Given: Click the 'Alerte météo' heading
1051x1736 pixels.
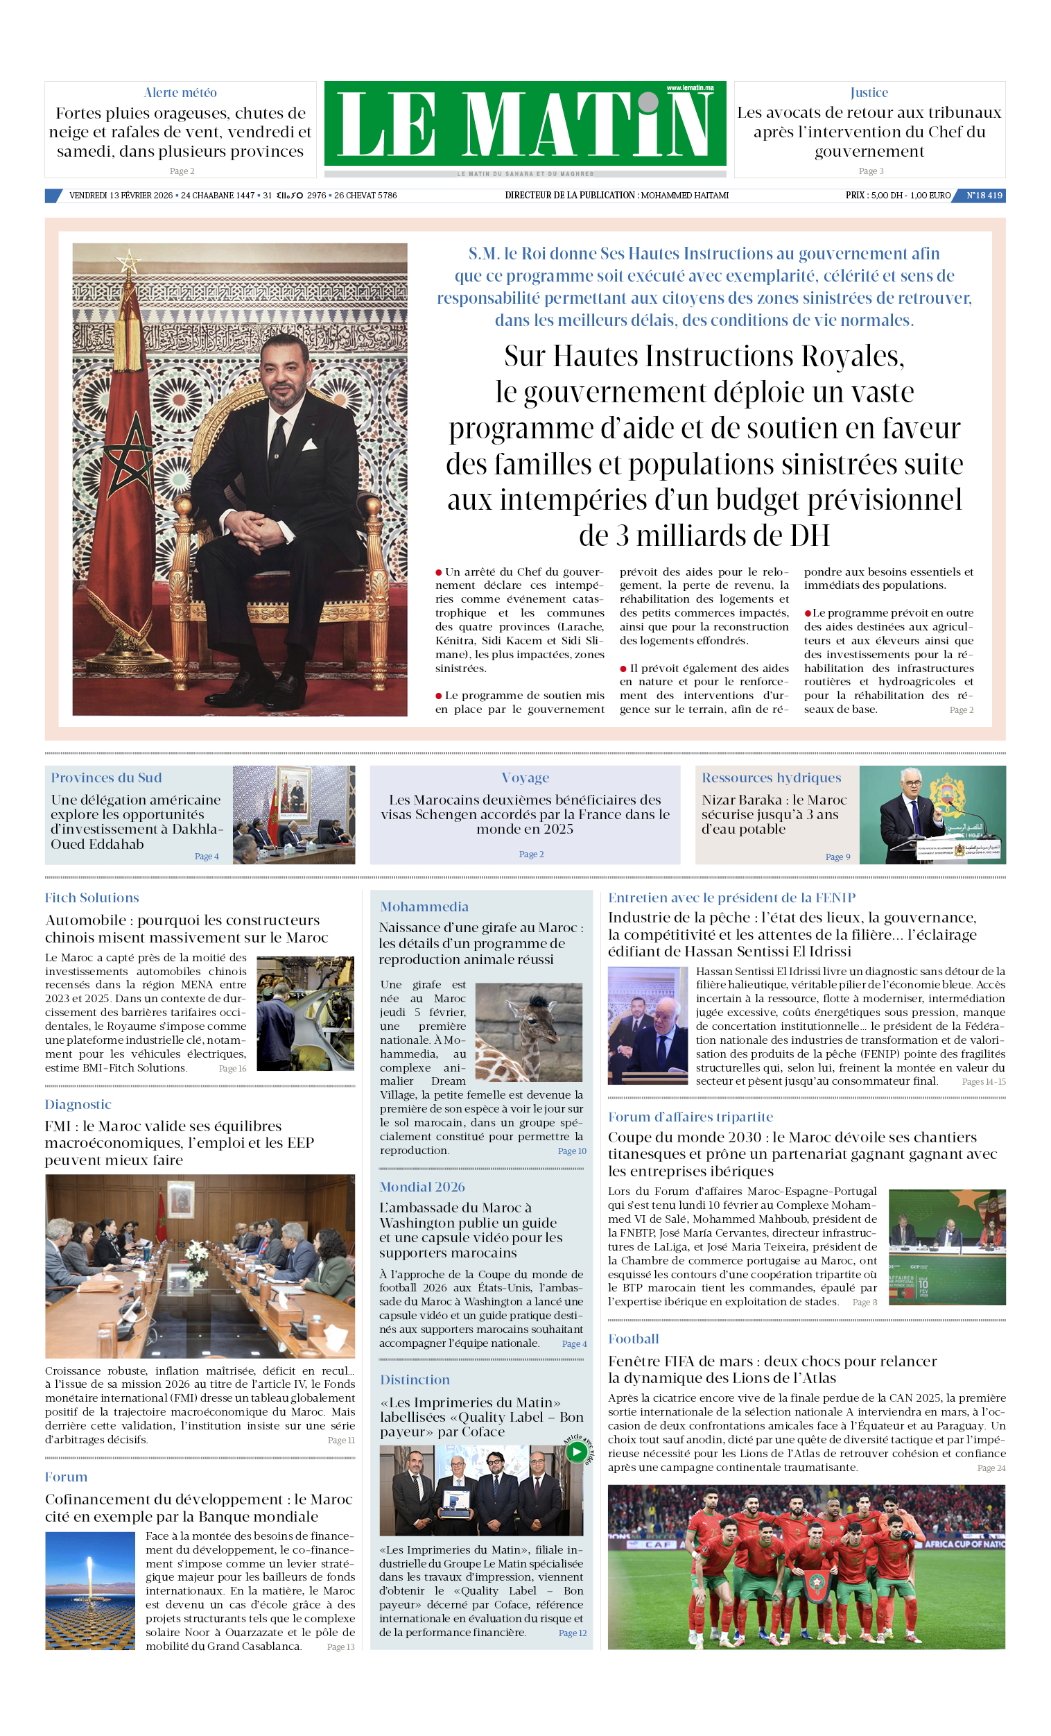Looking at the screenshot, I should tap(180, 92).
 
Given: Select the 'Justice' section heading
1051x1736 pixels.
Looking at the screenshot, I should tap(869, 92).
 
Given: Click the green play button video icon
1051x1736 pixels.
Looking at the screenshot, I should tap(576, 1452).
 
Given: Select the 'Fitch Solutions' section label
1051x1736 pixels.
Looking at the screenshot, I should tap(92, 897).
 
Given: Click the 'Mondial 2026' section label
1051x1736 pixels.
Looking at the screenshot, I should tap(422, 1187).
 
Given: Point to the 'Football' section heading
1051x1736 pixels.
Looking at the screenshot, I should tap(633, 1339).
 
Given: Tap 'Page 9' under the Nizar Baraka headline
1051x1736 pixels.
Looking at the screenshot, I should tap(837, 857).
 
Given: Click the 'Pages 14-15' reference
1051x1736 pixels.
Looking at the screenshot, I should tap(983, 1081).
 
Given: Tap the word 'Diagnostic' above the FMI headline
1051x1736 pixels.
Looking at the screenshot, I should tap(78, 1104).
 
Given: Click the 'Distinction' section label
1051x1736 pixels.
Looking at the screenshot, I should tap(414, 1380).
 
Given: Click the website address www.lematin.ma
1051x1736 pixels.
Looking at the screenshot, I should tap(690, 88).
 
